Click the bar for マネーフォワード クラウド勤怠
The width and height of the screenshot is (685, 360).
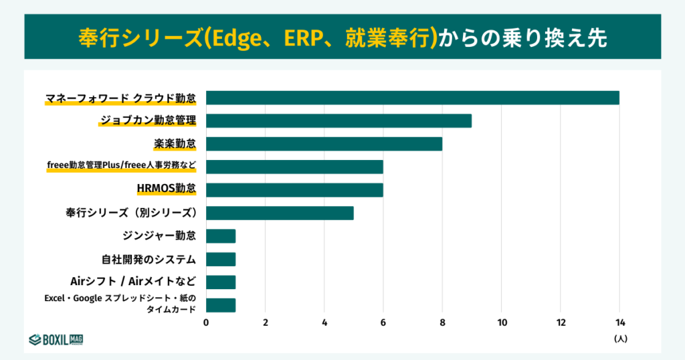(x=412, y=98)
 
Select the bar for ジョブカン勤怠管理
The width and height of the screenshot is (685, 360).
(x=338, y=120)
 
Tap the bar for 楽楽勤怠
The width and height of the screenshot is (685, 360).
(x=324, y=144)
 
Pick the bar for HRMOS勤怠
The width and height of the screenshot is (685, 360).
(x=294, y=190)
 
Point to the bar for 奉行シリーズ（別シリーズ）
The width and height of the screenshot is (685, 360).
(x=280, y=213)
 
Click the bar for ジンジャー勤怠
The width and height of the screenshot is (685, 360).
(x=221, y=236)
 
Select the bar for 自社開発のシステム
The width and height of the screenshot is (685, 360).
(x=221, y=259)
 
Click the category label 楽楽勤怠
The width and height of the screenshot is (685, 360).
(x=175, y=144)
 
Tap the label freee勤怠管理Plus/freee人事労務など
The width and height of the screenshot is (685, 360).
(x=121, y=167)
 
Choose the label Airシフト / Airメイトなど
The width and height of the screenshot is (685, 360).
(x=133, y=281)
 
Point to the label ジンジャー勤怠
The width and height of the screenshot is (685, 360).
(x=159, y=236)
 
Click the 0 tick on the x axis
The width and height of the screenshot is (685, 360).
(x=206, y=323)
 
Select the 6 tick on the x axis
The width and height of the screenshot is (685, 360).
(x=383, y=323)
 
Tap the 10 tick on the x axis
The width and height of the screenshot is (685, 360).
(x=501, y=323)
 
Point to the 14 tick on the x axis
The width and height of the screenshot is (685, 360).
(x=619, y=323)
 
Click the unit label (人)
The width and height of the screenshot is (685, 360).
(x=620, y=339)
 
